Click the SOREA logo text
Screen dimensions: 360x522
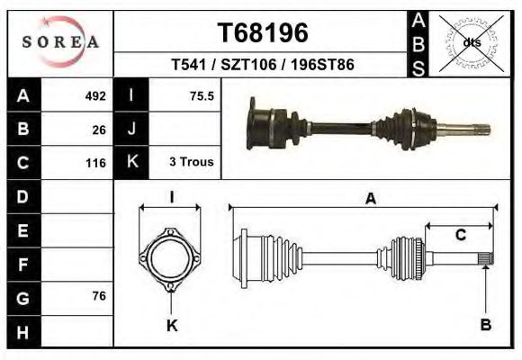coord(60,42)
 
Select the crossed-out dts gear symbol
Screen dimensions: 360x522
coord(471,41)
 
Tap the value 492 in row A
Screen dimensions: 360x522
coord(95,96)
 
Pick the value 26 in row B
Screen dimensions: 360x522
coord(99,130)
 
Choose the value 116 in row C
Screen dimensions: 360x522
coord(95,163)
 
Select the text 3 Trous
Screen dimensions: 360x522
coord(191,163)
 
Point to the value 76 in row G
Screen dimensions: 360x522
coord(99,296)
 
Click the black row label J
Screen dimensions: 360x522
coord(131,130)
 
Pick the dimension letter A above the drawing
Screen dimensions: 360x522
coord(369,200)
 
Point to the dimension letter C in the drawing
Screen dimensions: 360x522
coord(460,236)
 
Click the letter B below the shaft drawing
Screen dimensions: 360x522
coord(486,325)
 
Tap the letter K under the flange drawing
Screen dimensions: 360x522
coord(172,326)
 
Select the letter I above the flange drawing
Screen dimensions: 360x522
coord(171,198)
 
